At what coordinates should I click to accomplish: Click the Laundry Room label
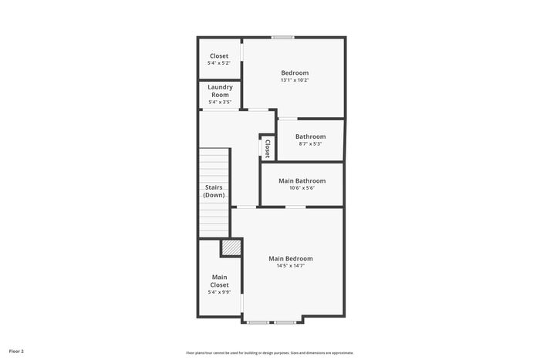click(220, 91)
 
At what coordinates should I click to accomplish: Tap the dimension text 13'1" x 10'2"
click(295, 80)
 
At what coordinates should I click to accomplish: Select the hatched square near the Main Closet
click(231, 247)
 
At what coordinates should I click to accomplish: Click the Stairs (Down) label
click(214, 191)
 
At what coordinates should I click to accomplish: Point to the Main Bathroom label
click(302, 180)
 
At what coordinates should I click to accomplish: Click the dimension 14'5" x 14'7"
click(291, 266)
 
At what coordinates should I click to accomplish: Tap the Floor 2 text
click(16, 352)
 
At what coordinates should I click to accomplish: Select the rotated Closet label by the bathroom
click(268, 149)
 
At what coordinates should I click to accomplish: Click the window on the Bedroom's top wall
click(282, 37)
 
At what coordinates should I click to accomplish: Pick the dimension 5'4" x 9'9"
click(219, 292)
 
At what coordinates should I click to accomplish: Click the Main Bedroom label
click(291, 258)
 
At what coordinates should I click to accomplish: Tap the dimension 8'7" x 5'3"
click(310, 144)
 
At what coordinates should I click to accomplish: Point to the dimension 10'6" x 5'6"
click(302, 188)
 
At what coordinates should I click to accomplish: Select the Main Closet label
click(219, 281)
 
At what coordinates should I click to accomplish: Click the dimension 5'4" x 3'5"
click(220, 103)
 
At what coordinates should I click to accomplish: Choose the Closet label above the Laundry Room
click(219, 56)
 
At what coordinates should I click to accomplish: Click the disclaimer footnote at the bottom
click(270, 353)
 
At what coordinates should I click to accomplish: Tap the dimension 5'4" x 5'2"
click(219, 63)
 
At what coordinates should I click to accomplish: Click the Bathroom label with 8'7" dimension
click(310, 136)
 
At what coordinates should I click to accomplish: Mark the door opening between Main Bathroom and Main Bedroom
click(295, 207)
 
